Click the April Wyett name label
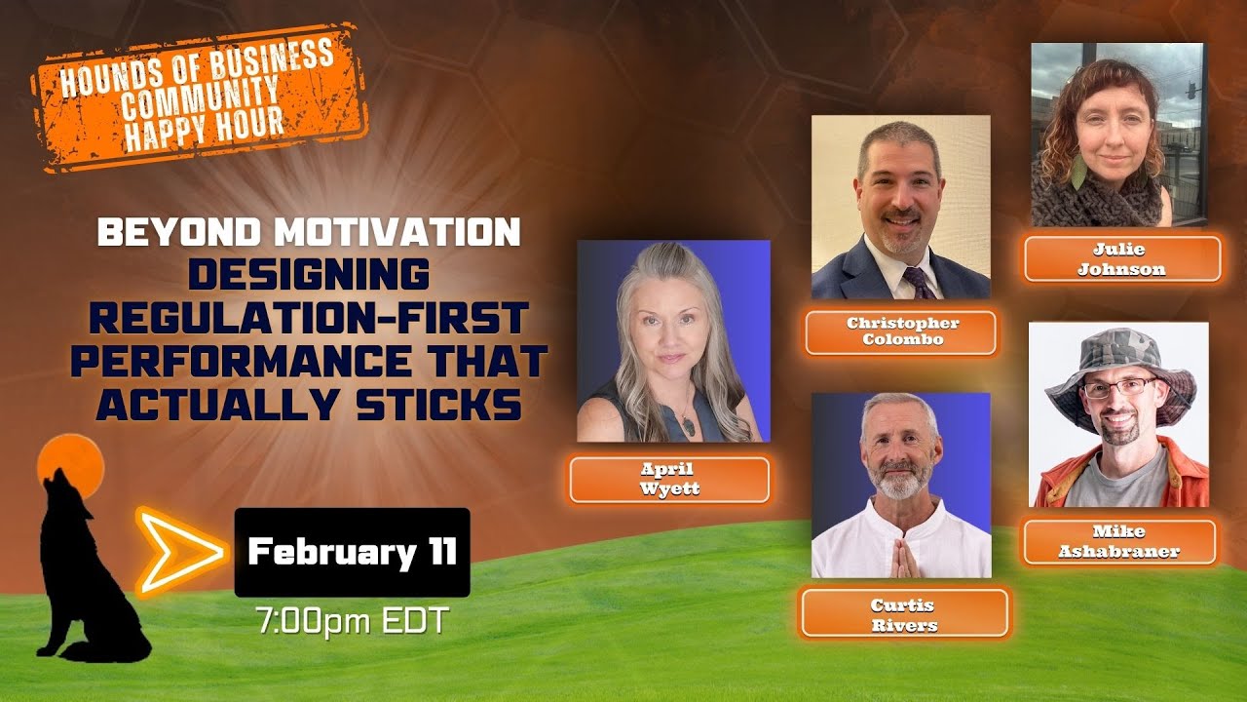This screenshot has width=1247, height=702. click(x=669, y=480)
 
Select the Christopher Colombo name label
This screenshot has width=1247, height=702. click(x=901, y=332)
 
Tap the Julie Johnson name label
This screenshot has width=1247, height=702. click(x=1121, y=259)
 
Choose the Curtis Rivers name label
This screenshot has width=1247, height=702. click(x=904, y=613)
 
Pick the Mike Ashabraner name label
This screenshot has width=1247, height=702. click(x=1119, y=541)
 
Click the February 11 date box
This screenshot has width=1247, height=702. click(x=353, y=552)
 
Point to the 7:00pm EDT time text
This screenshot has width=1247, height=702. click(x=353, y=621)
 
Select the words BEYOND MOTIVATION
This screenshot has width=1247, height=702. click(x=309, y=232)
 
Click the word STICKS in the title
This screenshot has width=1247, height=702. click(x=438, y=405)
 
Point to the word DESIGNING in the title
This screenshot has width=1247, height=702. click(x=309, y=274)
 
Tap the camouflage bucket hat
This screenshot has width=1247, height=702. click(x=1120, y=370)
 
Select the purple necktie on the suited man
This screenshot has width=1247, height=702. click(x=918, y=283)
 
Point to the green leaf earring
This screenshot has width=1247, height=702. click(x=1078, y=172)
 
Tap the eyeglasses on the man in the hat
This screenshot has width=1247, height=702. click(x=1120, y=387)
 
